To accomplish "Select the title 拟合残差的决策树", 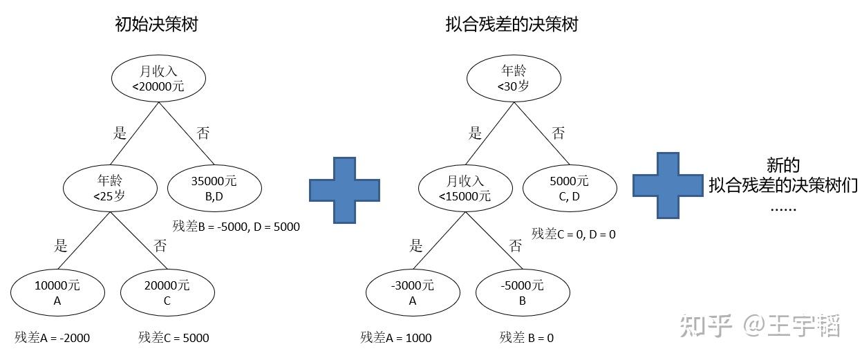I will tap(512, 25).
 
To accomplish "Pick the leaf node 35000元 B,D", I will tap(214, 187).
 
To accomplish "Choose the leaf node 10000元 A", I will tap(58, 292).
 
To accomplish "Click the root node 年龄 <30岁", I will tap(513, 77).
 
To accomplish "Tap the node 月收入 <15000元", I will tap(465, 187).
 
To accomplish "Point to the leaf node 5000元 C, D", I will tap(568, 187).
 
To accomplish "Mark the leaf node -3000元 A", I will tap(413, 292).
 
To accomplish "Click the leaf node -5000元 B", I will tap(522, 292).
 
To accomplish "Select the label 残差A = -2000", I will tap(53, 338).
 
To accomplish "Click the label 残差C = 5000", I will tap(174, 338).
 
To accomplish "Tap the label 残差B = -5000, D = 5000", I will tap(236, 226).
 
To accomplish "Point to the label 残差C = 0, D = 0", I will tap(574, 234).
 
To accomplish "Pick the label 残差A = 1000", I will tap(396, 338).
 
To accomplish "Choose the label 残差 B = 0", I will tap(527, 338).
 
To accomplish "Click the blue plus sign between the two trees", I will tap(344, 189).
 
